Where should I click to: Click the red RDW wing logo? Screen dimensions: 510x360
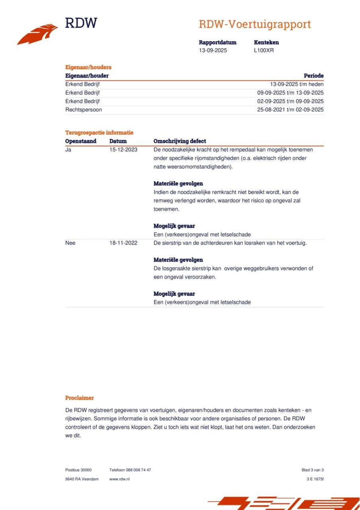click(x=37, y=34)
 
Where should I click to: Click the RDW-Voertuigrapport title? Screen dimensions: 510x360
click(x=255, y=24)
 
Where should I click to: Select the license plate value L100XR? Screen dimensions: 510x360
click(x=264, y=51)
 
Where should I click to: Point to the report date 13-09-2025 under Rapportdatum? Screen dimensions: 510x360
click(x=213, y=51)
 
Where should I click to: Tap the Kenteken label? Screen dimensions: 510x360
click(x=266, y=42)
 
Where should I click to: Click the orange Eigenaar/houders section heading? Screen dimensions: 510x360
click(x=88, y=67)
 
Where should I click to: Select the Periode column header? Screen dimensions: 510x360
click(x=313, y=76)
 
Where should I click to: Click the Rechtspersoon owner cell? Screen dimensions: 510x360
click(x=84, y=110)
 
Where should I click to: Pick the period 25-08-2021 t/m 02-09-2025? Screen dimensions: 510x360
click(x=290, y=110)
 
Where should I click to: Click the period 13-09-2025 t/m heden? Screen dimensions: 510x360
click(x=297, y=84)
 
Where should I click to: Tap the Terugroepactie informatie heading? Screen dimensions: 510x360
click(x=99, y=133)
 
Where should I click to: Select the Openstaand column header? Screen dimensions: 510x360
click(x=81, y=141)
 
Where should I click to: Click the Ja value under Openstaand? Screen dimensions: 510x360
click(x=68, y=150)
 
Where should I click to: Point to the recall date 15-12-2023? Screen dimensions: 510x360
click(x=123, y=150)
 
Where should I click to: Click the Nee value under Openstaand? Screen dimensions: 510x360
click(x=70, y=243)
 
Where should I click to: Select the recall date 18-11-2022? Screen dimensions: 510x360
click(x=123, y=243)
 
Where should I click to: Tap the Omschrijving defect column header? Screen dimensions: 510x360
click(x=180, y=141)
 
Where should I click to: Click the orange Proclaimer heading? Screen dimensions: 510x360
click(x=80, y=398)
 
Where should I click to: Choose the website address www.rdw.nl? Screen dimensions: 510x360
click(x=119, y=479)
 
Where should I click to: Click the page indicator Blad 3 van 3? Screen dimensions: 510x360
click(x=313, y=470)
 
